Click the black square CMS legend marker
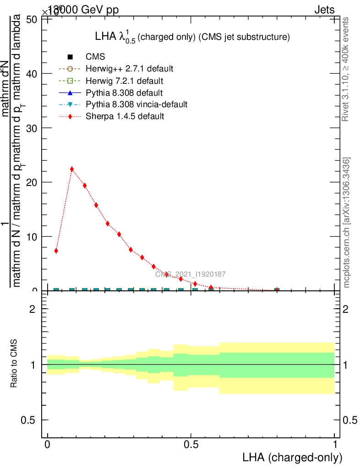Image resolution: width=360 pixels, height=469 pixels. pos(70,57)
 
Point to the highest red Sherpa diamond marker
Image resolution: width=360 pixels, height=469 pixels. pos(72,169)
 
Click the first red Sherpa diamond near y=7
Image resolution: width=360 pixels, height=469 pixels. pos(56,251)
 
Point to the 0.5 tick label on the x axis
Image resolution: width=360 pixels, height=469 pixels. pos(191,445)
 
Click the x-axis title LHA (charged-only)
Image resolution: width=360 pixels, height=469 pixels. pos(292,457)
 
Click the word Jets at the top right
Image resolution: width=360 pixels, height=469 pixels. pos(324,10)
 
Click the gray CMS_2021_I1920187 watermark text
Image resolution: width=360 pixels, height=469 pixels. pos(190,274)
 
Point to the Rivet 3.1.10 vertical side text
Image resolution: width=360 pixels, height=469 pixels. pos(346,69)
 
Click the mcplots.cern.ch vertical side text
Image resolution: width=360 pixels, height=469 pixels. pos(347,223)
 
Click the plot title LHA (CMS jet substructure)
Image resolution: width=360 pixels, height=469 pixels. pos(192,38)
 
